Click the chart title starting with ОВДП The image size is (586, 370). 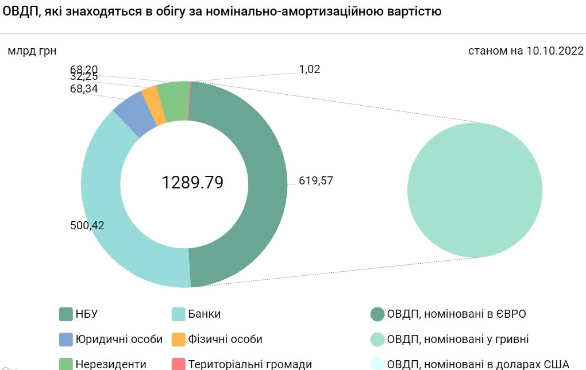[221, 11]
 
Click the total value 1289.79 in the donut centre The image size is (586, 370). [192, 183]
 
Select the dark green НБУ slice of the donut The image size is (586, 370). [267, 184]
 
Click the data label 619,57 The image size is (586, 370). [316, 180]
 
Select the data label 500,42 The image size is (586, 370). [87, 225]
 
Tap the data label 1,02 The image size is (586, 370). [309, 70]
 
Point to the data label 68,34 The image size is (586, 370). [84, 89]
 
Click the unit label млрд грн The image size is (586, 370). [32, 51]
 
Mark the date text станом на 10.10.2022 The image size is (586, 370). [526, 51]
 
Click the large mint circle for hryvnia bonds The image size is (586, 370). [475, 190]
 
